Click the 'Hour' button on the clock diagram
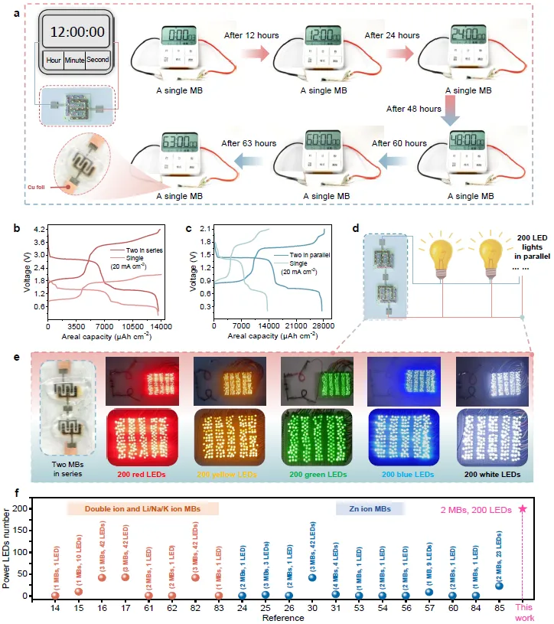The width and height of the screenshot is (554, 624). tap(54, 59)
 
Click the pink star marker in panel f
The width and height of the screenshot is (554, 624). tap(523, 508)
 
